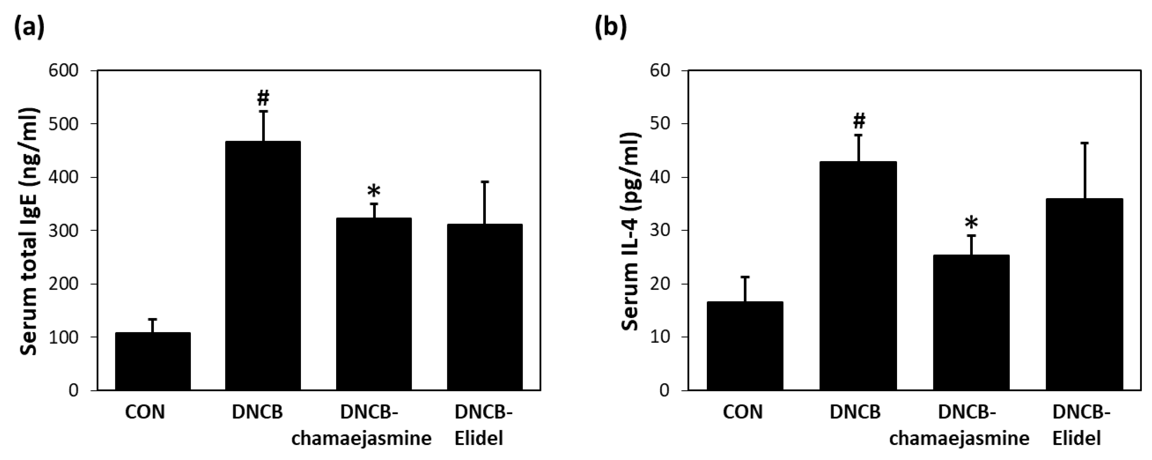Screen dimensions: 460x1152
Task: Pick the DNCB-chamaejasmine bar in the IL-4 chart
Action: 971,322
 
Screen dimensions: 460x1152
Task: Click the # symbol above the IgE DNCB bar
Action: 263,98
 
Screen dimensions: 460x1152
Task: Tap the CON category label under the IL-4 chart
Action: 742,412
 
